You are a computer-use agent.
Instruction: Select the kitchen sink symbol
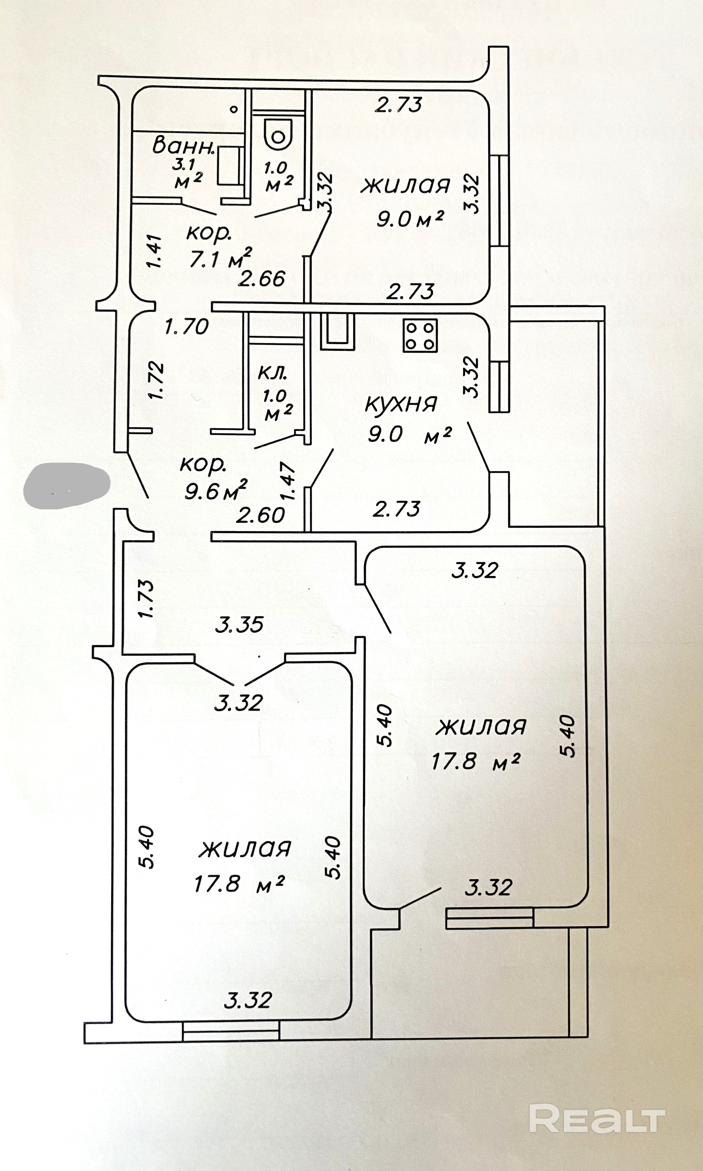337,331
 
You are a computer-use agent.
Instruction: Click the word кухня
401,404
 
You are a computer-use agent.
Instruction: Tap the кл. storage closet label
272,373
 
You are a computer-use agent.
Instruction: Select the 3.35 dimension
239,625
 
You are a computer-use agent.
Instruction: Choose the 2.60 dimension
261,515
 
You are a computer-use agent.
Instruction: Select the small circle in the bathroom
234,109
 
